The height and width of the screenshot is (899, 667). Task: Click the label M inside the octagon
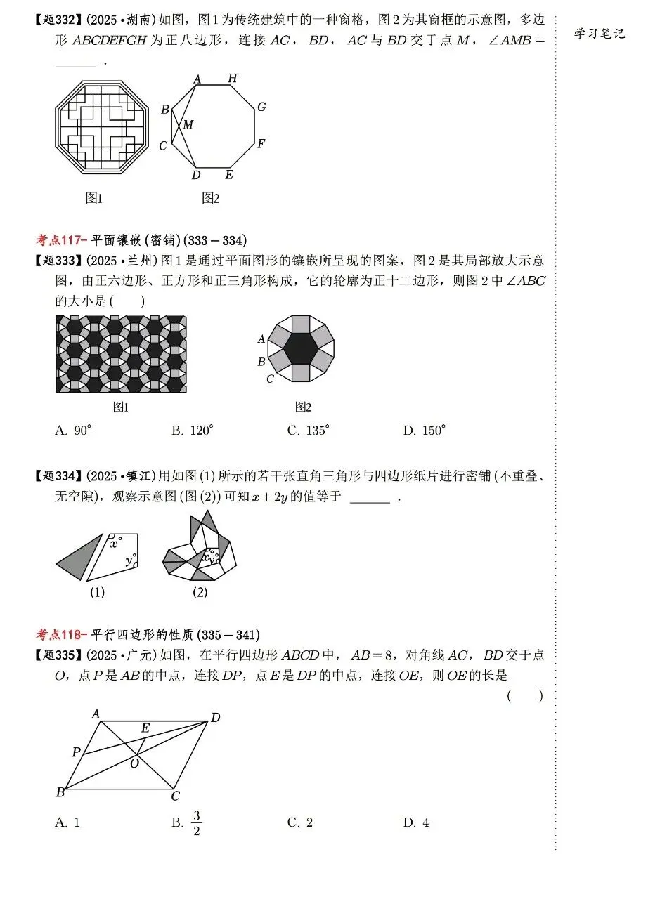click(188, 125)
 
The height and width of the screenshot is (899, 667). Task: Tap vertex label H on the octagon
click(233, 78)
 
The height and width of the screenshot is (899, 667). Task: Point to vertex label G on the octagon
click(261, 107)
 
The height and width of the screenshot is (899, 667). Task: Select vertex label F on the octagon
click(261, 144)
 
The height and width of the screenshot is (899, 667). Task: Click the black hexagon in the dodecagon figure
click(301, 348)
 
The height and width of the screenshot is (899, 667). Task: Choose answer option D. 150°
click(425, 431)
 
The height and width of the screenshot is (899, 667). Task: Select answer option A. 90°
click(74, 431)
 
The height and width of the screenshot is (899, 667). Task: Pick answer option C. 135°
click(308, 431)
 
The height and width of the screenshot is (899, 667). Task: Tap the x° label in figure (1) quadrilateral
click(115, 542)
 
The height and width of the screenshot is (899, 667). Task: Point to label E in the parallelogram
click(145, 728)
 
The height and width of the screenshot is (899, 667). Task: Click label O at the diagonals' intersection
click(134, 763)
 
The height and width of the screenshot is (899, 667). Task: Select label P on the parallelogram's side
click(76, 752)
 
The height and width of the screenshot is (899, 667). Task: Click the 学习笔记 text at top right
click(599, 33)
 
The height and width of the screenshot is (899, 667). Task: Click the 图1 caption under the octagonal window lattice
click(93, 199)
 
